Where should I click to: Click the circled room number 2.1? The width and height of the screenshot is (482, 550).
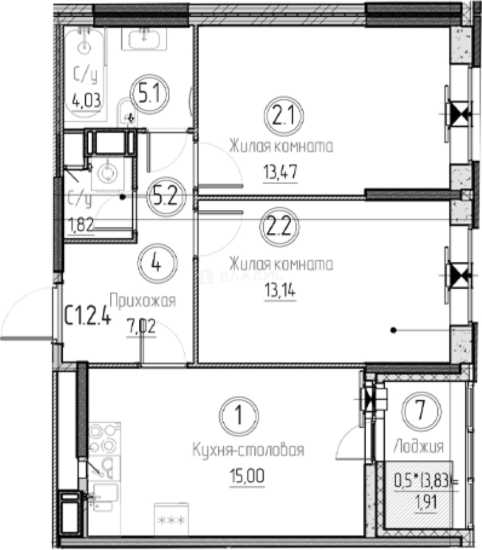point(284,116)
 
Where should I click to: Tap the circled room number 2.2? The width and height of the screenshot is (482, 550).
point(280,227)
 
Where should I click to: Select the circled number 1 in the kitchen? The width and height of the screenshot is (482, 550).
point(239,416)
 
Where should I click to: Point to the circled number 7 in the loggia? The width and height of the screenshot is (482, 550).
point(421,411)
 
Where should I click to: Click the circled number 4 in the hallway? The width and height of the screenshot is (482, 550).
point(158,263)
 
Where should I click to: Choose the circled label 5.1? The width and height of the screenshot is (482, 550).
point(149,94)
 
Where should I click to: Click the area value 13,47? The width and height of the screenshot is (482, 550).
point(281,172)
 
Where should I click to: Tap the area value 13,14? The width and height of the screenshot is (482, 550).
point(280,290)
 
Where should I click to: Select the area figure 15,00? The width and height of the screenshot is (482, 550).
point(247,477)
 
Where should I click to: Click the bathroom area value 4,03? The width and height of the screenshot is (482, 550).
point(86,101)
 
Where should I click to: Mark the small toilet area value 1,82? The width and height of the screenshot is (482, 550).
point(81,225)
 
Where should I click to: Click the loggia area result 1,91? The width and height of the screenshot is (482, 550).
point(426,503)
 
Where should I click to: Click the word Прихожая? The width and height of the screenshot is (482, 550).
point(143,301)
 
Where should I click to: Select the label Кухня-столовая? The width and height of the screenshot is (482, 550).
point(248,450)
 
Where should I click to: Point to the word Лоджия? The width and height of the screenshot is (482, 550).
point(418,447)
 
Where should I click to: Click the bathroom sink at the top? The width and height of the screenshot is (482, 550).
point(144,39)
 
